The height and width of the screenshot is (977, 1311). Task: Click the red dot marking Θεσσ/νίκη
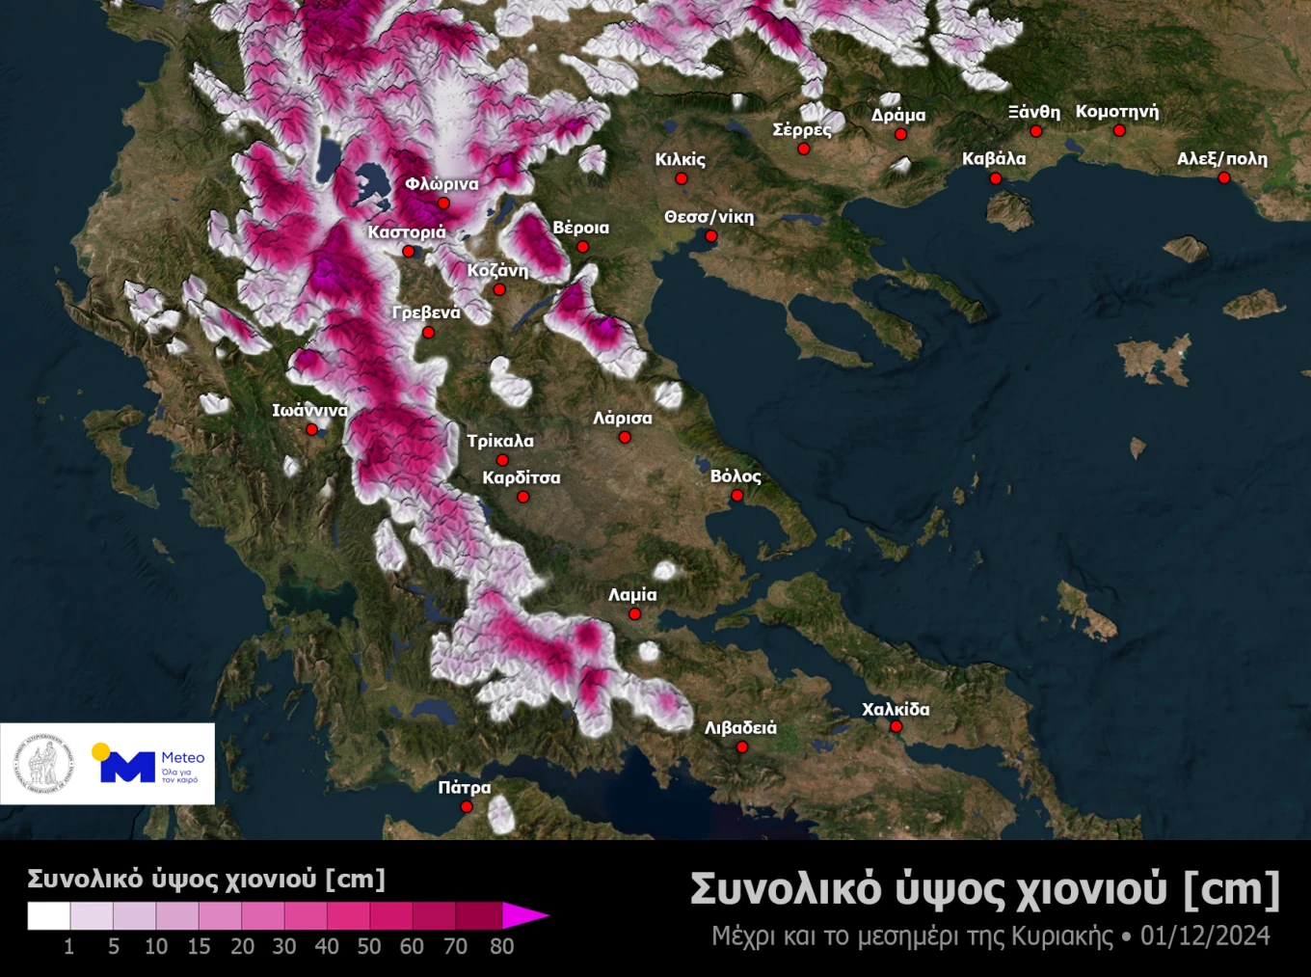[711, 236]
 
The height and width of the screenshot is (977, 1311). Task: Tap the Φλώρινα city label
[441, 183]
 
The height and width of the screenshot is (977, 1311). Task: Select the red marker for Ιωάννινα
[312, 430]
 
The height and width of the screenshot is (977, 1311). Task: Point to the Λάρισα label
[623, 418]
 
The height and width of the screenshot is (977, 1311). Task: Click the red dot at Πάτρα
[467, 807]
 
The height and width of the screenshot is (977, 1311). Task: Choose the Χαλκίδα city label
[896, 709]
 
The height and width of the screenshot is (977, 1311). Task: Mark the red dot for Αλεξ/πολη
[1224, 178]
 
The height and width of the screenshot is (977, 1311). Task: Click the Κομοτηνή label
[1117, 111]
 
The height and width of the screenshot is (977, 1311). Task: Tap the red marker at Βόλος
[737, 496]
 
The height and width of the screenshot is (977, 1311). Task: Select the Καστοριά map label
[407, 231]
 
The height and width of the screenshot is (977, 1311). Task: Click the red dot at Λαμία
[635, 614]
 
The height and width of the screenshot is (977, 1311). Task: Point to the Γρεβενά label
[426, 312]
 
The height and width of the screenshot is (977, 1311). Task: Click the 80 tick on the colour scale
[501, 946]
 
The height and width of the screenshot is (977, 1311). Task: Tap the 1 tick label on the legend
[68, 946]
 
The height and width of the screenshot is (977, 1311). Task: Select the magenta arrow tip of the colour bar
[536, 915]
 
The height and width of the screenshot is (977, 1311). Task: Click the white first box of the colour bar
[48, 915]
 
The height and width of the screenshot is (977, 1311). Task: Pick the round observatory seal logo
[43, 764]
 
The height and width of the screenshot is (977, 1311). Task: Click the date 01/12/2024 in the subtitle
[1205, 936]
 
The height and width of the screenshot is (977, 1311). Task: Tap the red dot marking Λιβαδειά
[742, 747]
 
